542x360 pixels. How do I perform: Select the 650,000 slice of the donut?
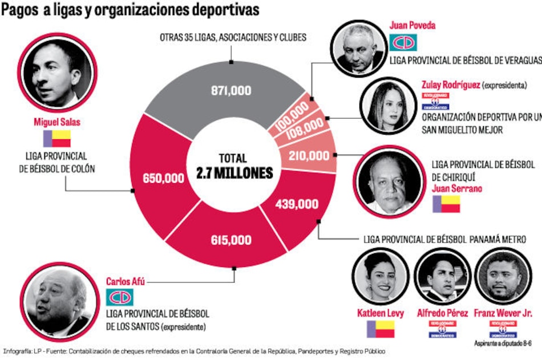pyautogui.click(x=164, y=178)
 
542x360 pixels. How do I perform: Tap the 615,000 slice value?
pyautogui.click(x=230, y=241)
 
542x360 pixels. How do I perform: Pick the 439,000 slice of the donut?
pyautogui.click(x=296, y=204)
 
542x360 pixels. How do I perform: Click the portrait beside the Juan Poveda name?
pyautogui.click(x=358, y=47)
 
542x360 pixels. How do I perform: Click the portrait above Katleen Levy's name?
pyautogui.click(x=380, y=277)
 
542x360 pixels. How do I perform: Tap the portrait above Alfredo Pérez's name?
pyautogui.click(x=442, y=277)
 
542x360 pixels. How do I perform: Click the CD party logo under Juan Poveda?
pyautogui.click(x=403, y=42)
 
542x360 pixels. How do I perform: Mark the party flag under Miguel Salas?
pyautogui.click(x=57, y=139)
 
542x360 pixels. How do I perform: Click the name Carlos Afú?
pyautogui.click(x=124, y=282)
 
